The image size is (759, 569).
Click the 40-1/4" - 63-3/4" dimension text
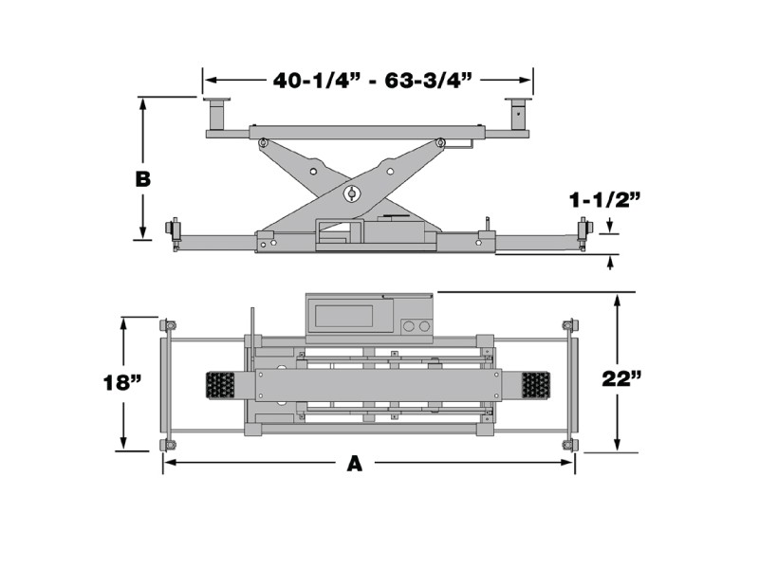(x=372, y=81)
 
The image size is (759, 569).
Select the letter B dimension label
(x=143, y=179)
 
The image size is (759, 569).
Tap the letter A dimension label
(x=355, y=464)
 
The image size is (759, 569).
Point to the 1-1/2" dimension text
(x=604, y=200)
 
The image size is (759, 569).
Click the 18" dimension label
(x=122, y=383)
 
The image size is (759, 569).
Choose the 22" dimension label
(x=621, y=378)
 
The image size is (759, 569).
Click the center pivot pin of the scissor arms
(x=351, y=194)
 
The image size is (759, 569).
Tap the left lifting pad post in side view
(x=216, y=114)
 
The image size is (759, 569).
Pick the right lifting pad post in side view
(x=518, y=114)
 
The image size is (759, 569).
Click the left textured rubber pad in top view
(x=220, y=386)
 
